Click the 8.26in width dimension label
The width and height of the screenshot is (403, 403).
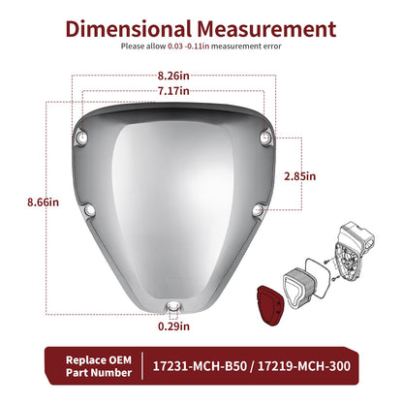click(173, 76)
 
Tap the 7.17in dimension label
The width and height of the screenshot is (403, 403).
click(173, 91)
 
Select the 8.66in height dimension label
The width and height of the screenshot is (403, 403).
click(43, 202)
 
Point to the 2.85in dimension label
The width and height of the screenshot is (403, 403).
click(299, 176)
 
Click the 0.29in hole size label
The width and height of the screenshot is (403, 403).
click(173, 326)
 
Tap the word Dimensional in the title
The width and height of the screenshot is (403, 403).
click(129, 29)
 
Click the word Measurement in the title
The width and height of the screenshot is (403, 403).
click(266, 29)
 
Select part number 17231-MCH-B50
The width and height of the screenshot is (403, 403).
click(200, 366)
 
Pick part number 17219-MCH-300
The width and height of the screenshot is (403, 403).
click(304, 366)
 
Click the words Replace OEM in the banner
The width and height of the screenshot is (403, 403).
click(99, 360)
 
